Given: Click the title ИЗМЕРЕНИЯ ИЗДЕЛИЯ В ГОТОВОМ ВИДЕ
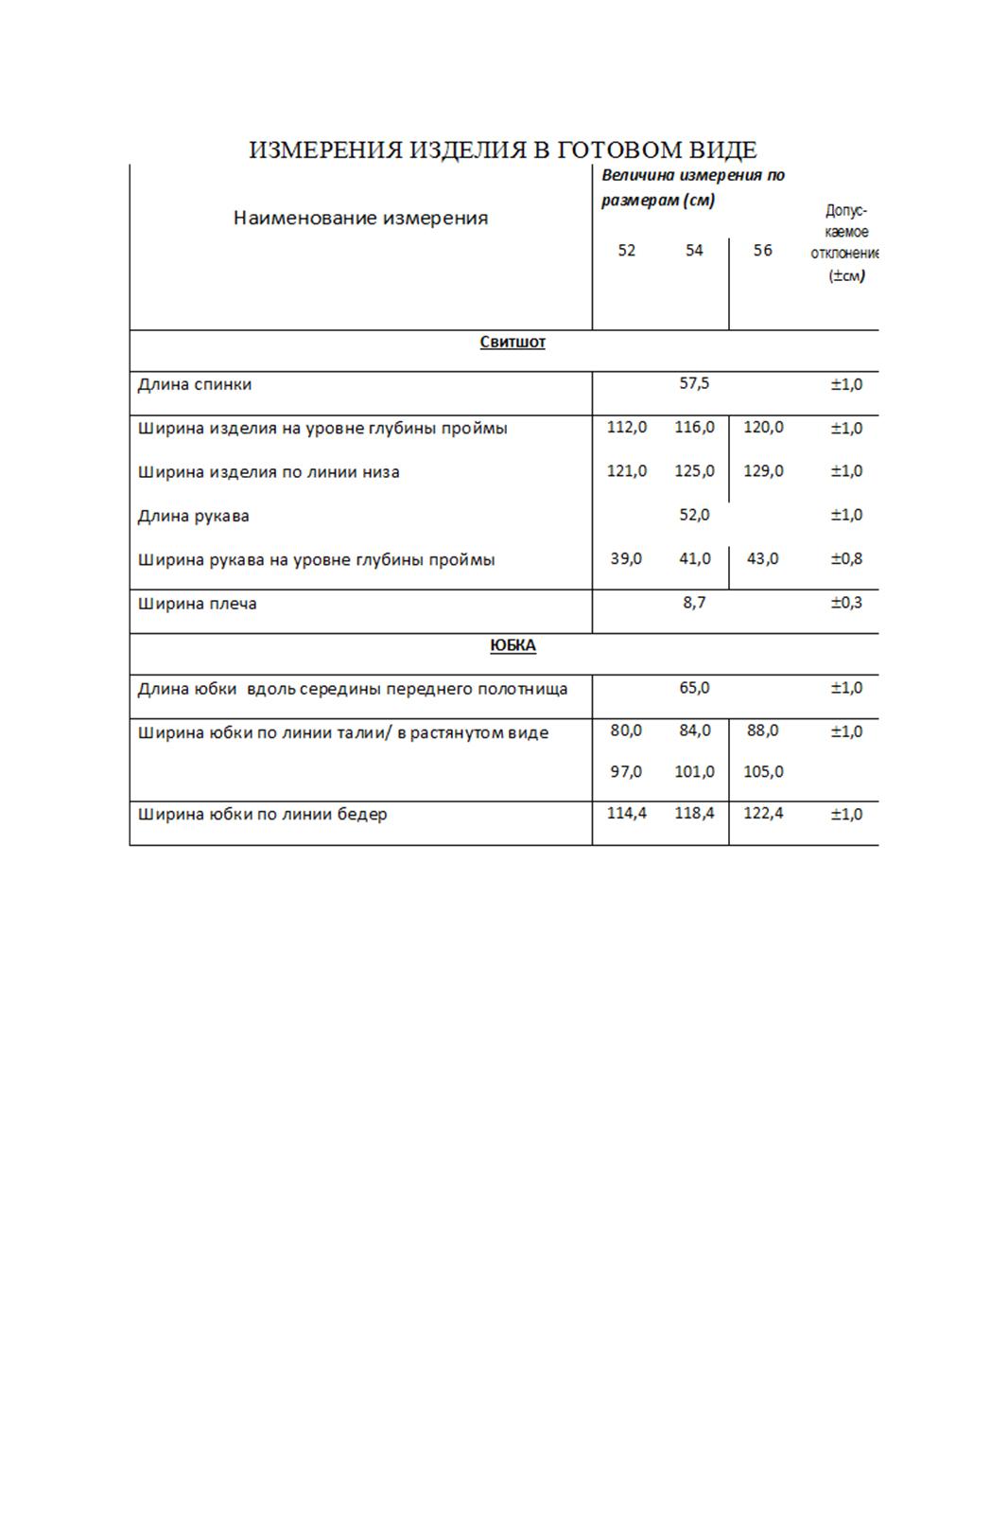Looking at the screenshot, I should [503, 150].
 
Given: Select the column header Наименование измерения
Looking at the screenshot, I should [360, 219].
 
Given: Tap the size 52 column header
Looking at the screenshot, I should [627, 251].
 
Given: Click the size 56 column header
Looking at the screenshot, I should [763, 251].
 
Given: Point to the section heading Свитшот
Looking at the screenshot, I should [513, 343].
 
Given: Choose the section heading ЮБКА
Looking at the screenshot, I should [513, 645].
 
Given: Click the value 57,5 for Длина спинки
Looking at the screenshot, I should [694, 383].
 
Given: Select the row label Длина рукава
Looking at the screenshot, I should [194, 516].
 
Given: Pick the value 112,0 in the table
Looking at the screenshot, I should [627, 427].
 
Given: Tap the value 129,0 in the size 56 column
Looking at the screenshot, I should [763, 470].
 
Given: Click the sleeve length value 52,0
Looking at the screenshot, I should [694, 515].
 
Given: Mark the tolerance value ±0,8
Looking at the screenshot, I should [846, 558].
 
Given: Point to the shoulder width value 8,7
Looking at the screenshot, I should [694, 603].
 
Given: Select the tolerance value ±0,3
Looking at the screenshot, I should [846, 603].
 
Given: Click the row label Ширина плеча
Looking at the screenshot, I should [198, 604].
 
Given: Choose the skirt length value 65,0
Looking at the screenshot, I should [694, 688].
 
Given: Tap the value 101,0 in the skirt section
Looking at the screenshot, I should [694, 772].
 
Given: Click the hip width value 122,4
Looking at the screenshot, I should [763, 813].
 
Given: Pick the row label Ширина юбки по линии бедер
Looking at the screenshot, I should [263, 814].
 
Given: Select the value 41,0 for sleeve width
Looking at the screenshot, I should [694, 558].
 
